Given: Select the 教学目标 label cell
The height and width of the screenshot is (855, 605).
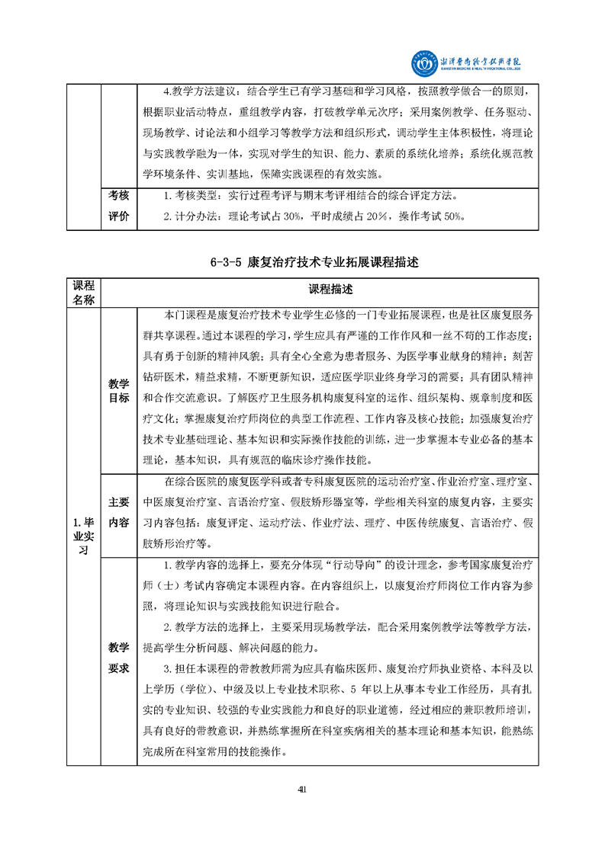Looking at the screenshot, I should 118,391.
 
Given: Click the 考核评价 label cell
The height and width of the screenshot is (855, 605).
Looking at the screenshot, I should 118,206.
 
